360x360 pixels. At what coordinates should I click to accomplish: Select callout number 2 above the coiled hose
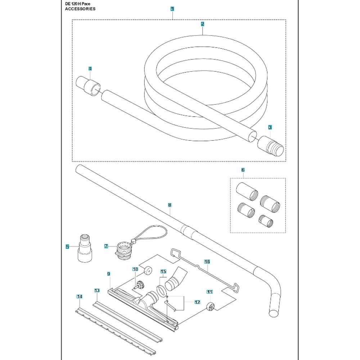click(203, 24)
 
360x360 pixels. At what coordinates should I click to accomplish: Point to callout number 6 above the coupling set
click(243, 170)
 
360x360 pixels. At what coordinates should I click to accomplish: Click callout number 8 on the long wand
click(170, 205)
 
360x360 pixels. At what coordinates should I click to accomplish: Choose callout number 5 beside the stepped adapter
click(67, 247)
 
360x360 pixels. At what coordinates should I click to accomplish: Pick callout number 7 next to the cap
click(106, 246)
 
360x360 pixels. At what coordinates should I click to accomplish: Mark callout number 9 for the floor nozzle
click(108, 274)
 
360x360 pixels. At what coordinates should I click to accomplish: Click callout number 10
click(135, 269)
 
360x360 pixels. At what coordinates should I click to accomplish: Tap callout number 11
click(209, 292)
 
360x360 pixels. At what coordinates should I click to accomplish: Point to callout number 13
click(96, 290)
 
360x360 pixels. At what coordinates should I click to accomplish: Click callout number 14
click(80, 296)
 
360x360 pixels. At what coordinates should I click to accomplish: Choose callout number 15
click(163, 271)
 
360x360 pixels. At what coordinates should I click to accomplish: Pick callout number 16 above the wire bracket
click(207, 262)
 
